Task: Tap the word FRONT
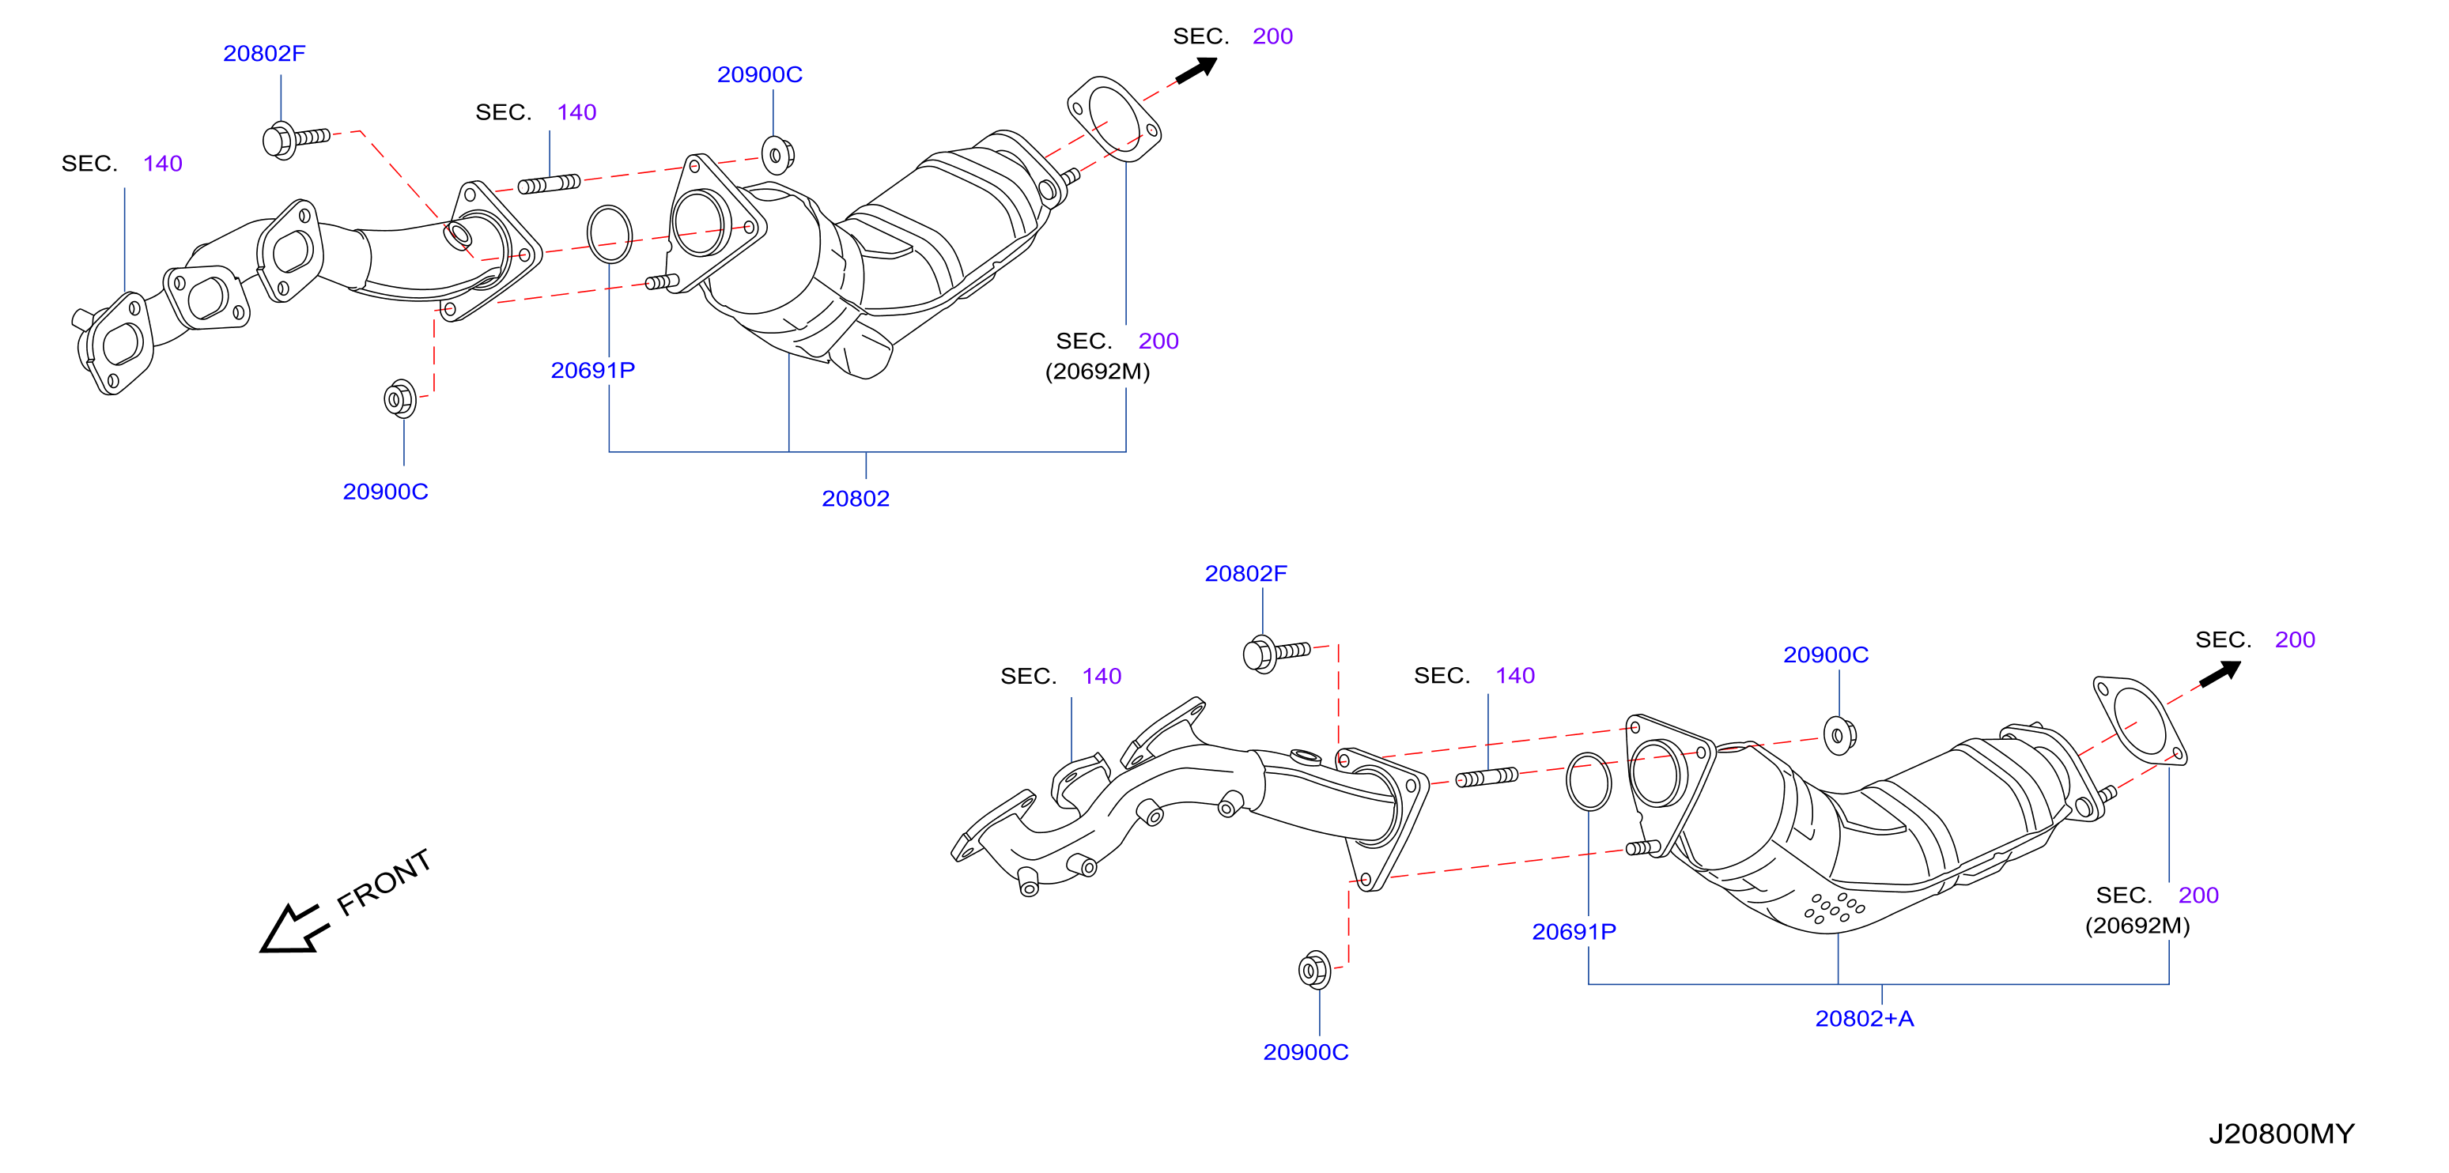[384, 882]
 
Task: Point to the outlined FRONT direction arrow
[293, 929]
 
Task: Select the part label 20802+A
[1865, 1018]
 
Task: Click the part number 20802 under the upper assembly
[856, 498]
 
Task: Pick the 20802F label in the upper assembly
[264, 53]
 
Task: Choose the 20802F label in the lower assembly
[1245, 573]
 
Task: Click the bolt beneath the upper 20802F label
[296, 140]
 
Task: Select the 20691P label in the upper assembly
[592, 370]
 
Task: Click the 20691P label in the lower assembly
[1574, 932]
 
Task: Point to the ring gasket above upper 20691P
[610, 234]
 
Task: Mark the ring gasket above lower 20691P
[1589, 782]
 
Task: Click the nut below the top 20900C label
[777, 155]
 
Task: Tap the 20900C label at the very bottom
[1306, 1051]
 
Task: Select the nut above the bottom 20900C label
[1314, 970]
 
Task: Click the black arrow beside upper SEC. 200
[1197, 70]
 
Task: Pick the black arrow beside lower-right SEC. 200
[2220, 673]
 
